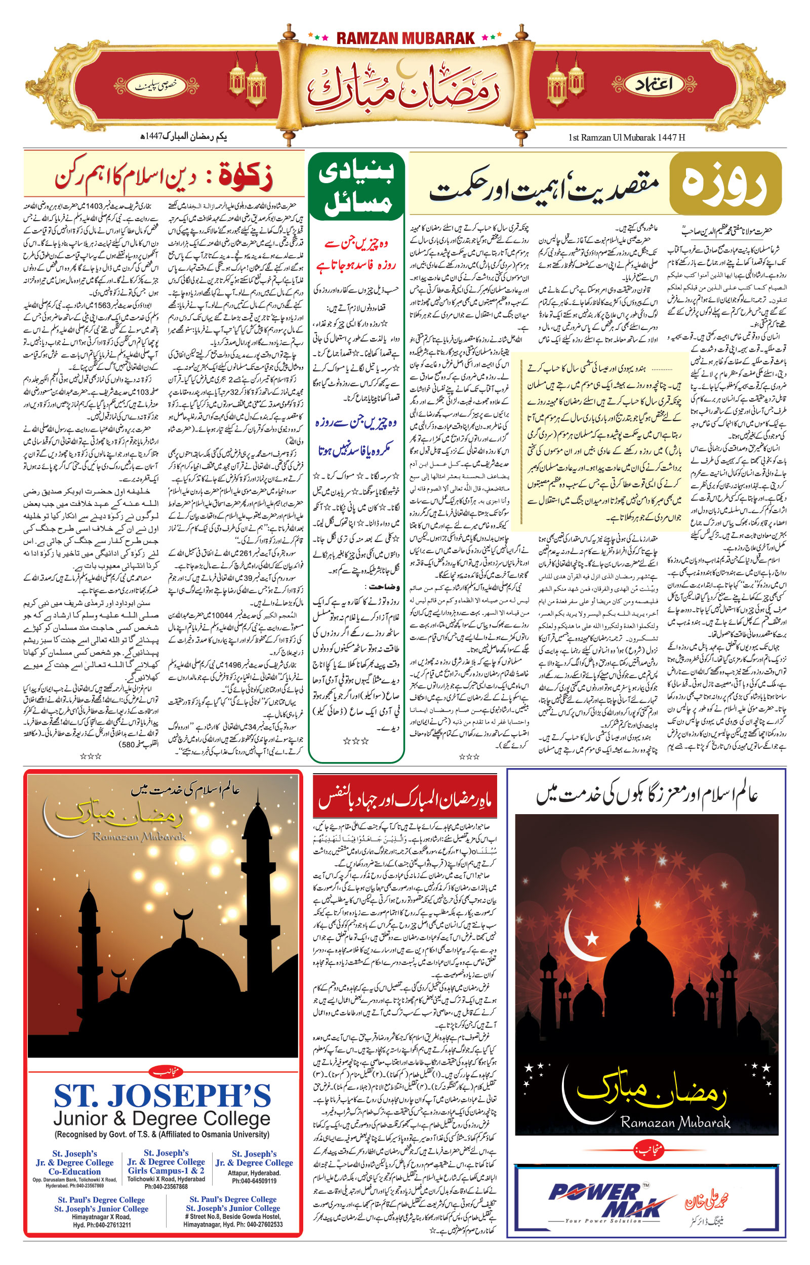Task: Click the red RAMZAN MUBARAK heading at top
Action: tap(405, 38)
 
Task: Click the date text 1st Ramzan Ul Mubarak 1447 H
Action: tap(626, 138)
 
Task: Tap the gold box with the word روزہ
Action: tap(725, 184)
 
